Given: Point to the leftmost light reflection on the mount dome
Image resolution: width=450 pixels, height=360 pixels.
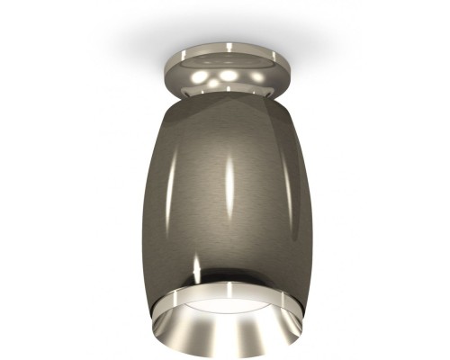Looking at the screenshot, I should point(203,80).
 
